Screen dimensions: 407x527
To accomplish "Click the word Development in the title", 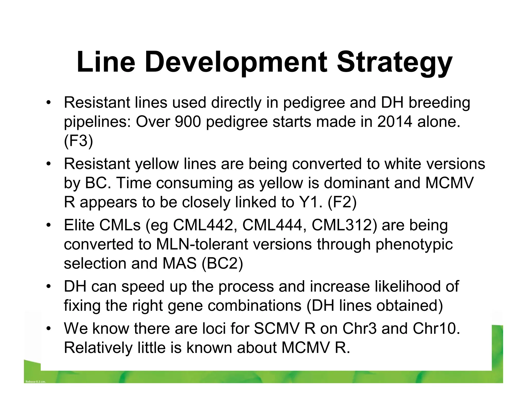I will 236,63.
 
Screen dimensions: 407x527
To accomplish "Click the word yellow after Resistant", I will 157,164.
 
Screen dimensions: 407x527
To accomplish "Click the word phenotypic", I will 414,244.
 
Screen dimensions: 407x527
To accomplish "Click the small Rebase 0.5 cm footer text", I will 36,381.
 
